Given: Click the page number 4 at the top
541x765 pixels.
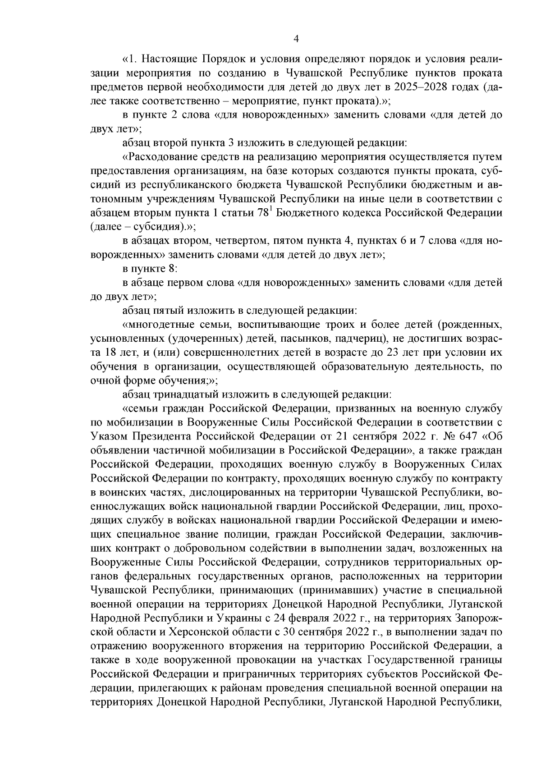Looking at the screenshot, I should pyautogui.click(x=296, y=39).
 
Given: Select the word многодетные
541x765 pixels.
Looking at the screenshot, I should pyautogui.click(x=158, y=325).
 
